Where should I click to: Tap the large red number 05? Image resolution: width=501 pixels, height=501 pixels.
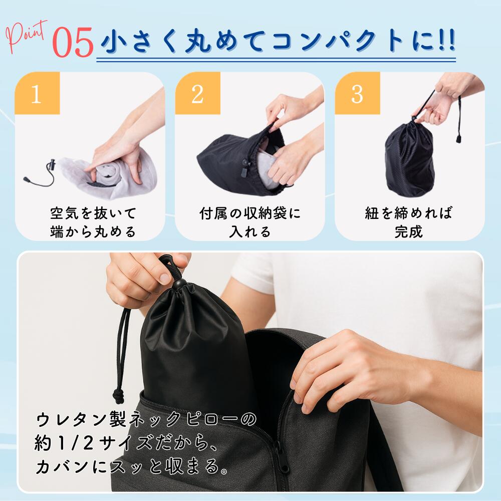click(73, 43)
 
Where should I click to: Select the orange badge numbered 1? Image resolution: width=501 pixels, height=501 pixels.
click(37, 93)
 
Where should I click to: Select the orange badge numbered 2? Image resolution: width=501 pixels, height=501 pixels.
click(197, 93)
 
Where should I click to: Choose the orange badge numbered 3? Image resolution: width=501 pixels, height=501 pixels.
click(357, 93)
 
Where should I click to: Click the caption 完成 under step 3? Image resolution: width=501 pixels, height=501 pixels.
click(409, 231)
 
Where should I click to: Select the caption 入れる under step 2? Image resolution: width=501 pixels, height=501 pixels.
click(250, 231)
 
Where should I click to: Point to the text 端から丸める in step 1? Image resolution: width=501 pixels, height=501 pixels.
click(93, 231)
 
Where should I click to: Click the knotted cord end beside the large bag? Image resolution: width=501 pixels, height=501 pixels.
click(119, 396)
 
